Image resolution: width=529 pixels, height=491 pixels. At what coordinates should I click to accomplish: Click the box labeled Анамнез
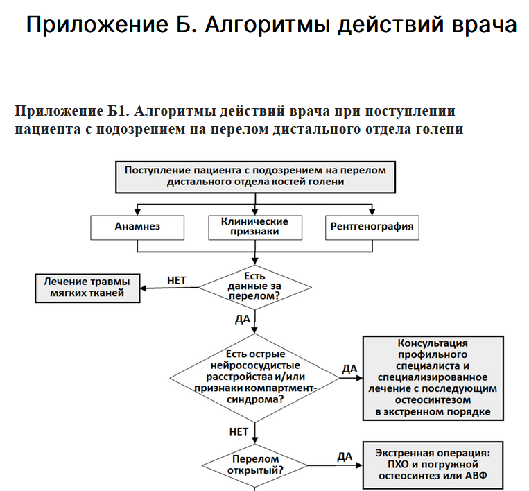[137, 227]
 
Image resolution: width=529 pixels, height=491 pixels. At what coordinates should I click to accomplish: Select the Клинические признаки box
[255, 227]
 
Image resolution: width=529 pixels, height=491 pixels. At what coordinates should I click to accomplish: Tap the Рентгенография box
[372, 227]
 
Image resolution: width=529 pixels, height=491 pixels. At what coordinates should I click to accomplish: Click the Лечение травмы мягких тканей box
[87, 288]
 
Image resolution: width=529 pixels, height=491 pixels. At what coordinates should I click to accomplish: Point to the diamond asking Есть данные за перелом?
[254, 287]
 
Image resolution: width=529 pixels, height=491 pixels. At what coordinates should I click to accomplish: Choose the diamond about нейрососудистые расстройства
[254, 378]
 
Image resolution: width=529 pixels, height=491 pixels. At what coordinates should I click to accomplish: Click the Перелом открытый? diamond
[254, 465]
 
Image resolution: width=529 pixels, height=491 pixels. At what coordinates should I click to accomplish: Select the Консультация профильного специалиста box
[433, 378]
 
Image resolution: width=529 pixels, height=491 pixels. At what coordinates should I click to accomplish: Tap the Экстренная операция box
[433, 465]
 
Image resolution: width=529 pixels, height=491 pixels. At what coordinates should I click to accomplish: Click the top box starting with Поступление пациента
[255, 177]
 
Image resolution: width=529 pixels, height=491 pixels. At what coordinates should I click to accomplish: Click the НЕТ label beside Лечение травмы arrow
[176, 280]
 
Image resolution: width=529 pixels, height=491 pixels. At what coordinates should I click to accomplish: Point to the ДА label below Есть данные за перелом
[243, 319]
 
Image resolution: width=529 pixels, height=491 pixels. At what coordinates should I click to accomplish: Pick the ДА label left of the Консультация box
[349, 369]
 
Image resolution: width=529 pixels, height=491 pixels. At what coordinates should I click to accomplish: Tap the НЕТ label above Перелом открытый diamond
[239, 431]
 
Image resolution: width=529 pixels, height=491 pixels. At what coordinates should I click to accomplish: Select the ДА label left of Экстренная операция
[345, 456]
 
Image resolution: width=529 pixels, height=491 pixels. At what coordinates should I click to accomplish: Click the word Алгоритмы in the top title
[267, 25]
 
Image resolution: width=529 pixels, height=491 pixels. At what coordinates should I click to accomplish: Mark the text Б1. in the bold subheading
[119, 111]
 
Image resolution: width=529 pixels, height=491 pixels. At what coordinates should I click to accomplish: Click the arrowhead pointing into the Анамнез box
[137, 212]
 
